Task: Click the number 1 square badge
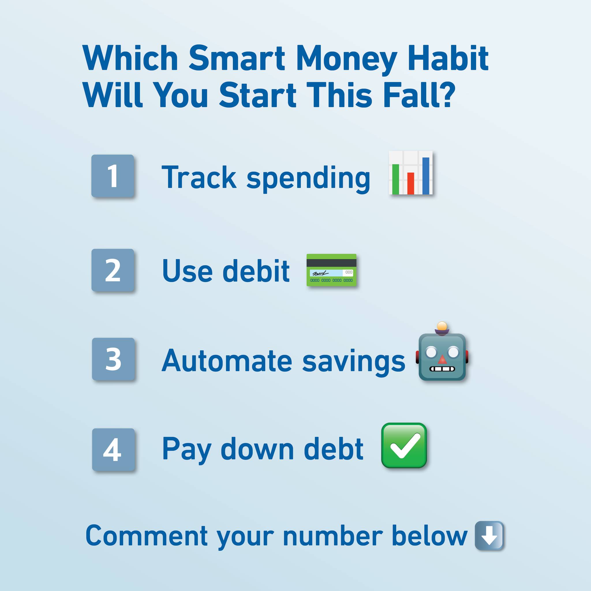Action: point(113,176)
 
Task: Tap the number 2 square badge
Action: point(113,270)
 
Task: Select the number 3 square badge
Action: point(113,359)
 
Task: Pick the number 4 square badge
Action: point(113,449)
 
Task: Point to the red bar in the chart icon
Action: point(411,183)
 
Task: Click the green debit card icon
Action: point(331,270)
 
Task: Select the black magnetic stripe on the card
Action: point(331,263)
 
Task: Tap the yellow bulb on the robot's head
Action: point(442,326)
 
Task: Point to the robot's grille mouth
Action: point(442,369)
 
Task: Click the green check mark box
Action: point(404,445)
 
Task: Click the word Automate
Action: point(227,361)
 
